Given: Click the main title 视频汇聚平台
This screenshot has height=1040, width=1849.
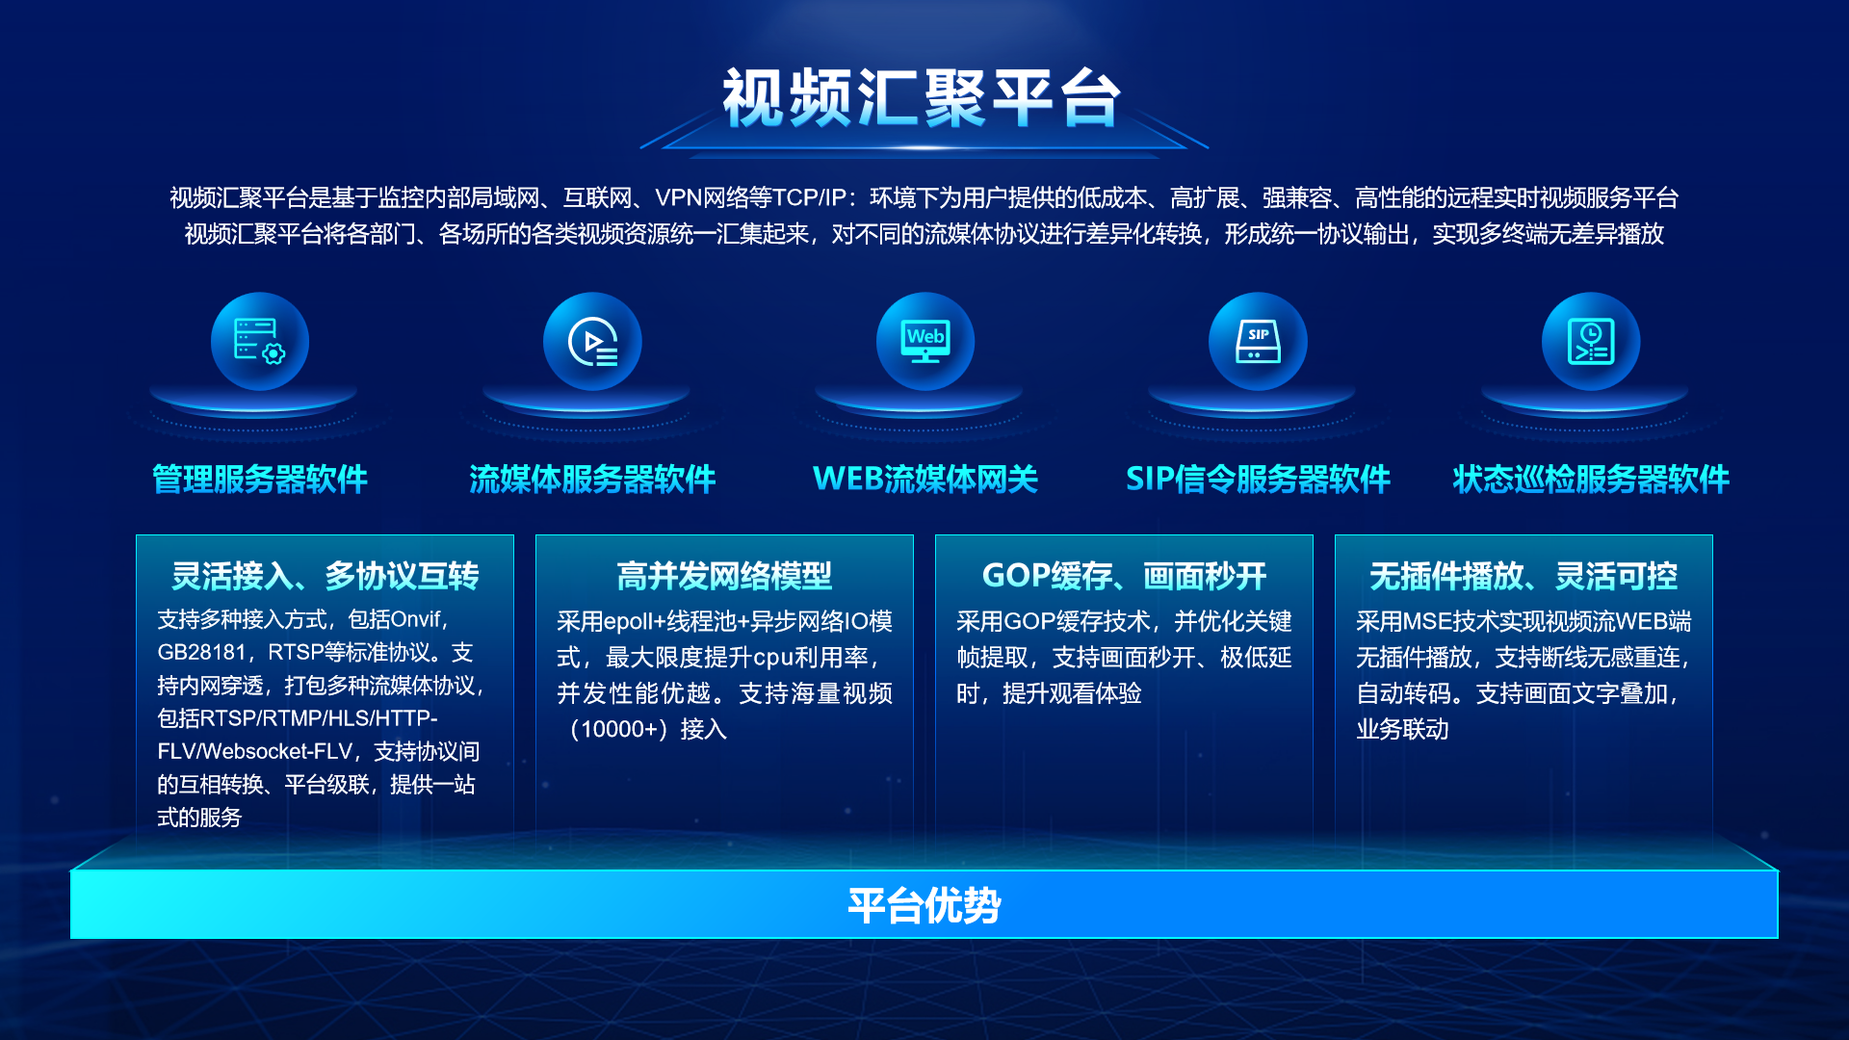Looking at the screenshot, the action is [923, 97].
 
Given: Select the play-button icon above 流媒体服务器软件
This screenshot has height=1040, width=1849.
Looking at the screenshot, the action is [592, 342].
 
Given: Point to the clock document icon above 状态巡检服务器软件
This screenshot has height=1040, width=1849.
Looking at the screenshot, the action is [1591, 342].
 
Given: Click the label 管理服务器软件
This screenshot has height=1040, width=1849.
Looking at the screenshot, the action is [260, 479].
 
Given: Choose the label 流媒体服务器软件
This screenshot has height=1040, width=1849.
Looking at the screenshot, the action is [592, 479].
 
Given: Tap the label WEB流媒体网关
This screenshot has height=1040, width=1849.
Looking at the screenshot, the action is [925, 479].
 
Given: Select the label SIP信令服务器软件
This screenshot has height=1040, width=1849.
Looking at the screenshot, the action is [1258, 479].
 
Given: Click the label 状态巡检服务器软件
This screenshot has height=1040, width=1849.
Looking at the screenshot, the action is [1591, 479].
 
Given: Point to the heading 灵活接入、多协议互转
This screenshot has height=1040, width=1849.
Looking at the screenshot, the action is [325, 576].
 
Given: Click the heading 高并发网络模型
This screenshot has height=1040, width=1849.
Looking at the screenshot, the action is [724, 576].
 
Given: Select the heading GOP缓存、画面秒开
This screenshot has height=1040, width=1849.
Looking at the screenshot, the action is [1124, 576].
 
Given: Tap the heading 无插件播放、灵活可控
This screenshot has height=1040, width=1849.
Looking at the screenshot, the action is [1523, 576].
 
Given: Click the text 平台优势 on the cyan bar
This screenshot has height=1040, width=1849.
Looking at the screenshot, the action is [924, 905].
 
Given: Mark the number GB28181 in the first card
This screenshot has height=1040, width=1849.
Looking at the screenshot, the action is [202, 652].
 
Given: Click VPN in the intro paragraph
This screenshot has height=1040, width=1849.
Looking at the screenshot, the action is [678, 197].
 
